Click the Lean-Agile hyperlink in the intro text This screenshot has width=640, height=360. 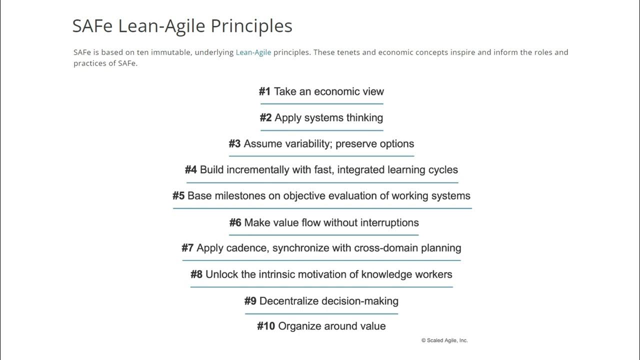click(x=253, y=52)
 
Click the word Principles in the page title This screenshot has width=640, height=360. click(x=251, y=26)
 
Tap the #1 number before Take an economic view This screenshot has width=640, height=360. click(x=264, y=91)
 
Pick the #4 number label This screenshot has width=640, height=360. click(x=191, y=170)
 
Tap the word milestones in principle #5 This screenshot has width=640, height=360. click(x=240, y=196)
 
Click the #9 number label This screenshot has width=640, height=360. click(x=250, y=301)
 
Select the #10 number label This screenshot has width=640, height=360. click(x=266, y=326)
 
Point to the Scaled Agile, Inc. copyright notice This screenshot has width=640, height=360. click(x=444, y=340)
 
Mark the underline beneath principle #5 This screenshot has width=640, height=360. click(x=322, y=208)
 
